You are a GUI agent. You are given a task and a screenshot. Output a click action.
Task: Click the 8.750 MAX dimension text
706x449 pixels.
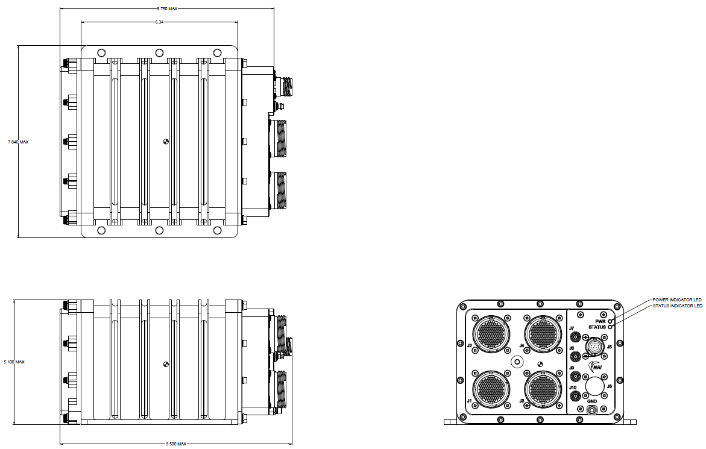click(x=167, y=9)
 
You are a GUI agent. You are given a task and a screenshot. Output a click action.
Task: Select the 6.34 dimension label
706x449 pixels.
click(x=159, y=22)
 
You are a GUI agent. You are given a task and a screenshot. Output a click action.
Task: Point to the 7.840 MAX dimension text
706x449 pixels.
click(x=18, y=142)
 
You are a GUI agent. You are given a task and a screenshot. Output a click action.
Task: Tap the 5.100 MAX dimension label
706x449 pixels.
click(x=14, y=362)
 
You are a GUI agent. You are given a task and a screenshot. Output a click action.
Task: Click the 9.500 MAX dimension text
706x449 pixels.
click(x=176, y=444)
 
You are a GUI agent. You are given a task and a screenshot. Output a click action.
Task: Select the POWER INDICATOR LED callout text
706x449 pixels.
click(x=677, y=300)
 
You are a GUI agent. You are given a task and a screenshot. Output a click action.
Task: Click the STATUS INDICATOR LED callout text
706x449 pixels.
click(x=678, y=306)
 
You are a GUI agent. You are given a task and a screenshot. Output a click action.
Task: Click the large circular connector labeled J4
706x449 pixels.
click(x=541, y=332)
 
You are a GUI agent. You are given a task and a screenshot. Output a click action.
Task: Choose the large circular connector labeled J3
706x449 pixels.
click(x=541, y=389)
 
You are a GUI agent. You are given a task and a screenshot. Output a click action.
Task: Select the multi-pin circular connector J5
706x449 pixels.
click(x=596, y=348)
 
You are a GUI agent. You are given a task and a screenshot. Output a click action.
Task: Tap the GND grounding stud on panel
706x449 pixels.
click(x=592, y=410)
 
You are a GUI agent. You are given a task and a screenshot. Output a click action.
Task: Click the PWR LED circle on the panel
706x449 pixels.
click(x=611, y=321)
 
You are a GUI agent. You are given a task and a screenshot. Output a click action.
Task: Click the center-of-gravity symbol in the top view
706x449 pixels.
click(x=166, y=142)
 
